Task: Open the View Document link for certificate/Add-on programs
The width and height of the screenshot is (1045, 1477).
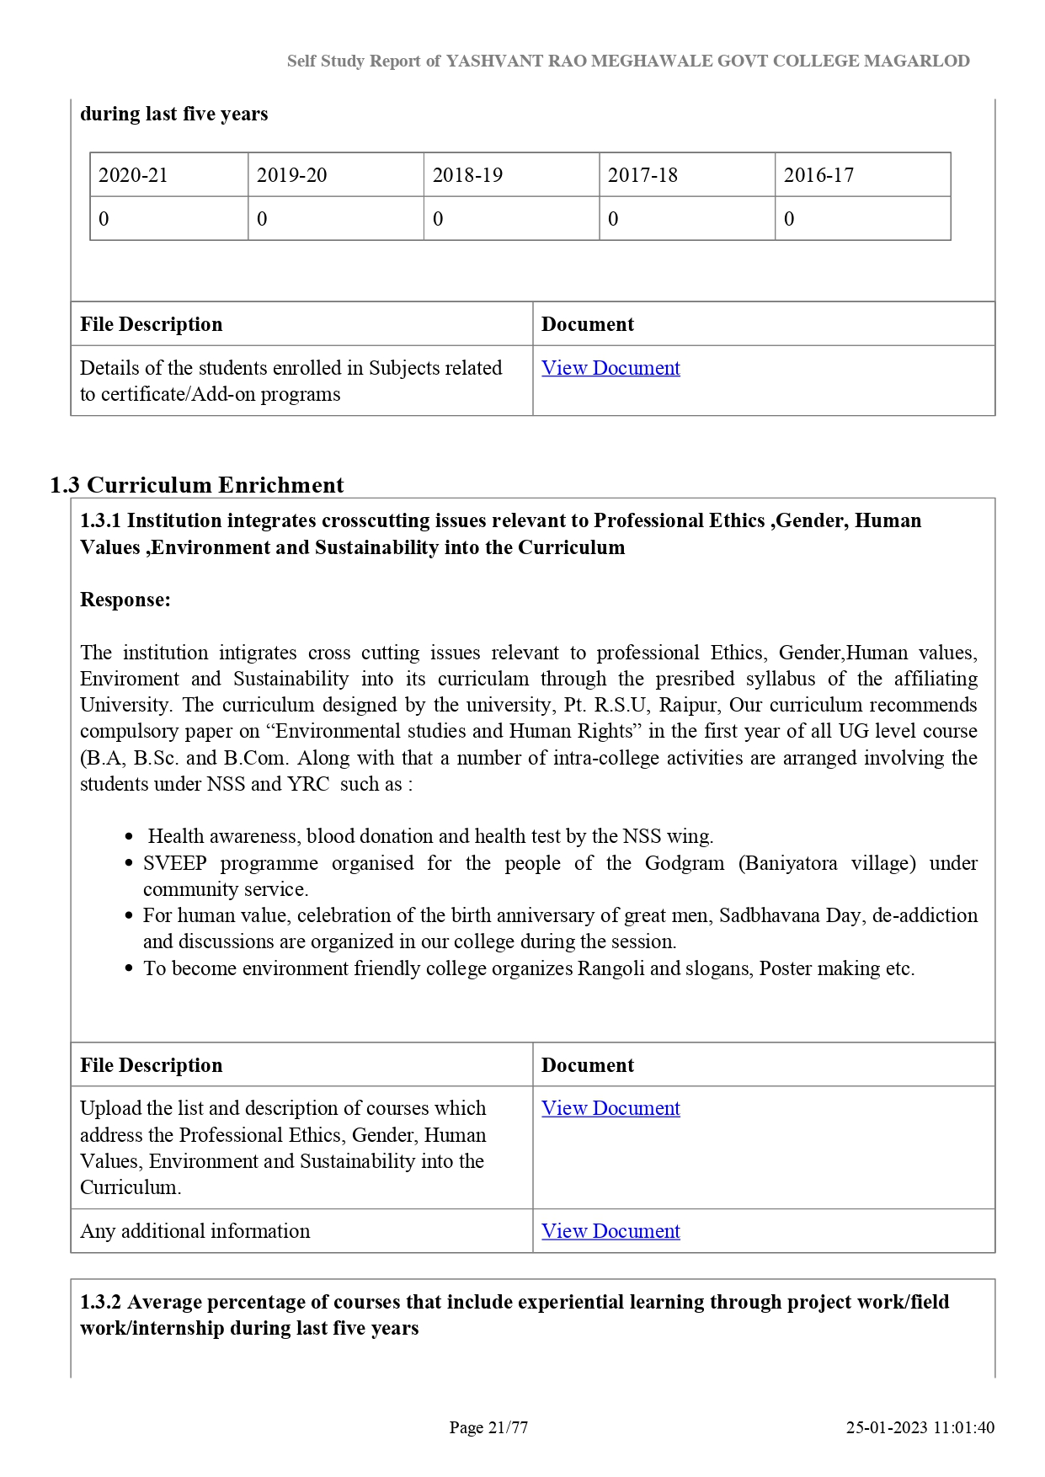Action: (x=610, y=368)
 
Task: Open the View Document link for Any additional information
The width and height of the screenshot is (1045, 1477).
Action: (x=610, y=1231)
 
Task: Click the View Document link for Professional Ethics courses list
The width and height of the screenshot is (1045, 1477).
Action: (x=610, y=1108)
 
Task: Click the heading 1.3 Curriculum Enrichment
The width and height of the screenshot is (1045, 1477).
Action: (x=197, y=485)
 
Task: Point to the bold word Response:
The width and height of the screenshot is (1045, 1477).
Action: (x=125, y=600)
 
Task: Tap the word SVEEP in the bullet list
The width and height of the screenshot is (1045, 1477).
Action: (x=175, y=863)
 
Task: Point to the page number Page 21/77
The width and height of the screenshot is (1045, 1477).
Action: (x=488, y=1427)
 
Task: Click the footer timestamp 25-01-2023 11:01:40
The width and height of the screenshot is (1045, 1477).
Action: (x=920, y=1427)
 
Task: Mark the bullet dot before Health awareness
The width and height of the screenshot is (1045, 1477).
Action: (x=129, y=837)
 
